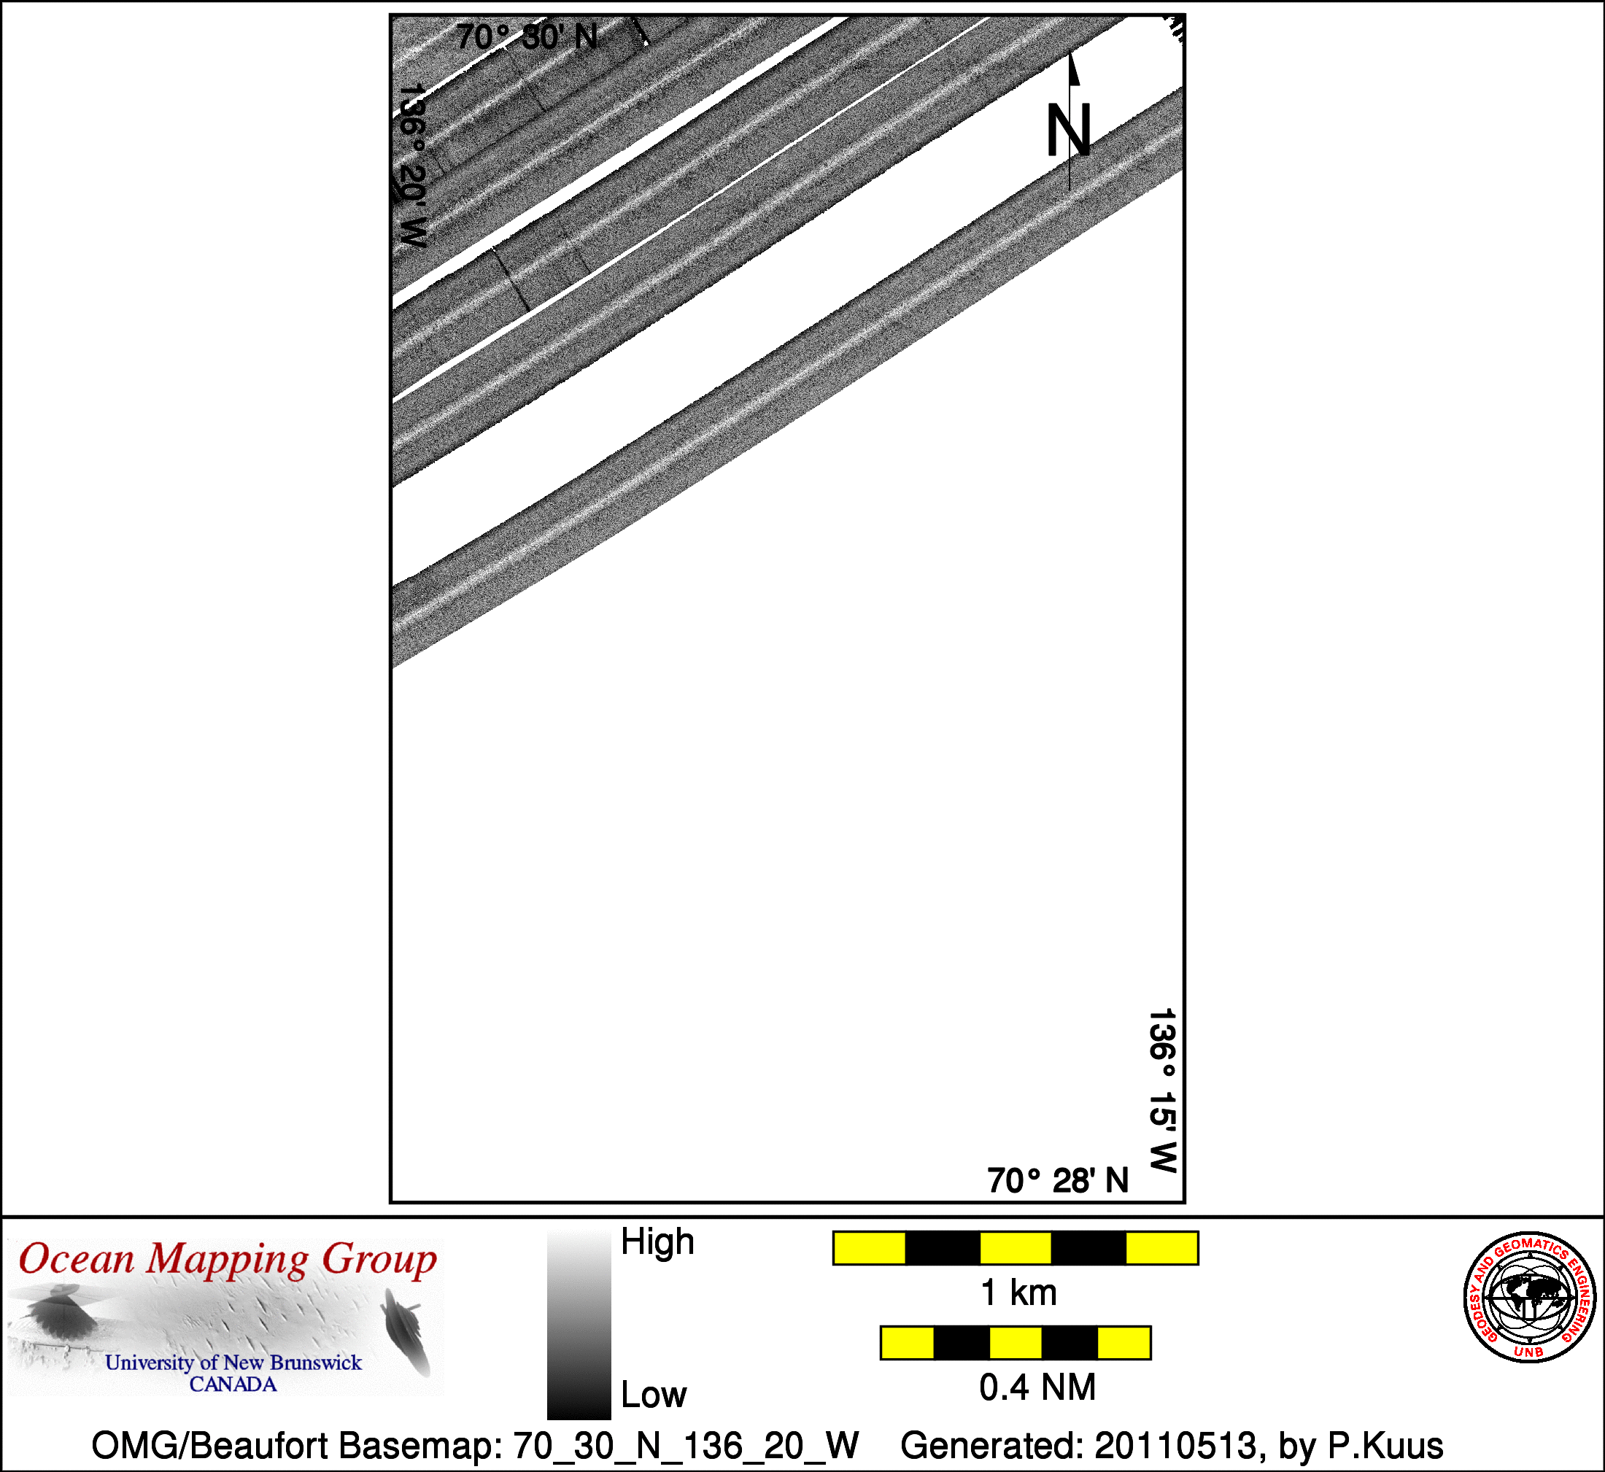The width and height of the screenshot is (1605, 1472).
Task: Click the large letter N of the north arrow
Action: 1068,131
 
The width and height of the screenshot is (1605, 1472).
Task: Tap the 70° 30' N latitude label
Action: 527,37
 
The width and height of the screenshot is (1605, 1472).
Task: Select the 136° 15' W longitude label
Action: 1162,1091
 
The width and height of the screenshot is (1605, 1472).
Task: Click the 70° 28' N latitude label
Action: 1058,1180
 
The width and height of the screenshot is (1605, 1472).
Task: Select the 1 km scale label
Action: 1018,1292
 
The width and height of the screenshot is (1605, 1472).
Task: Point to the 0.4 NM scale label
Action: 1037,1387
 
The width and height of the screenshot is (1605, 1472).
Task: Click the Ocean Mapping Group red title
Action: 228,1261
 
